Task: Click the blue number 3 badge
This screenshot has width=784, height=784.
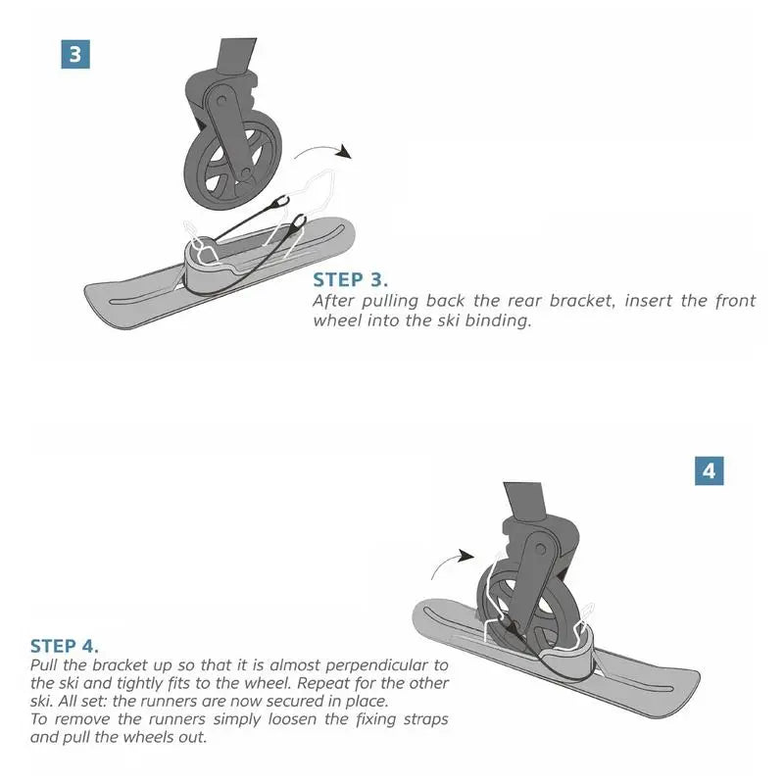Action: click(75, 53)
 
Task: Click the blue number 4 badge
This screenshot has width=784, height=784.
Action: click(710, 470)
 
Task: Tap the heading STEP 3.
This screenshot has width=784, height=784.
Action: click(351, 279)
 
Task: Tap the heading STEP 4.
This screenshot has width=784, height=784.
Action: click(65, 646)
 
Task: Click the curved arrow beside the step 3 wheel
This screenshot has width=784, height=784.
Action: click(323, 152)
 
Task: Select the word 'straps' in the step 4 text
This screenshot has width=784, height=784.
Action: click(422, 719)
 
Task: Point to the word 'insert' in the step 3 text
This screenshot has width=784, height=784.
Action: click(645, 301)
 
